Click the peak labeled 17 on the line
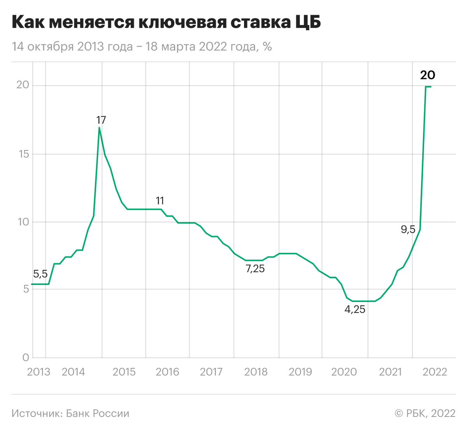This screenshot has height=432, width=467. pyautogui.click(x=99, y=128)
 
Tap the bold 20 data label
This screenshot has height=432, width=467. pyautogui.click(x=427, y=75)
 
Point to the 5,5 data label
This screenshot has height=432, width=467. pyautogui.click(x=40, y=274)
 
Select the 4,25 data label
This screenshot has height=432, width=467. pyautogui.click(x=355, y=310)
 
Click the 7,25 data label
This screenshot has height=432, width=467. pyautogui.click(x=255, y=269)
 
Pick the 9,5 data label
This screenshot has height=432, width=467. pyautogui.click(x=408, y=230)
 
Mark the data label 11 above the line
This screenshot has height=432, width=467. pyautogui.click(x=160, y=201)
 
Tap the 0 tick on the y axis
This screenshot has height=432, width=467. pyautogui.click(x=26, y=357)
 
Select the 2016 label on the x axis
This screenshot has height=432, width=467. pyautogui.click(x=167, y=372)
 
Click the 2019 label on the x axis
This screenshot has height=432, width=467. pyautogui.click(x=300, y=372)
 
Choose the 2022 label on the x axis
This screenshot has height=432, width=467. pyautogui.click(x=435, y=372)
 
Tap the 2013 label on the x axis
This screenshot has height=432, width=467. pyautogui.click(x=39, y=372)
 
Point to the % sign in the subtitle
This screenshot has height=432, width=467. pyautogui.click(x=267, y=47)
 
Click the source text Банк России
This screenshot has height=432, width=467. pyautogui.click(x=97, y=413)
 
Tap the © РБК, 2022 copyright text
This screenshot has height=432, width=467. pyautogui.click(x=425, y=413)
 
